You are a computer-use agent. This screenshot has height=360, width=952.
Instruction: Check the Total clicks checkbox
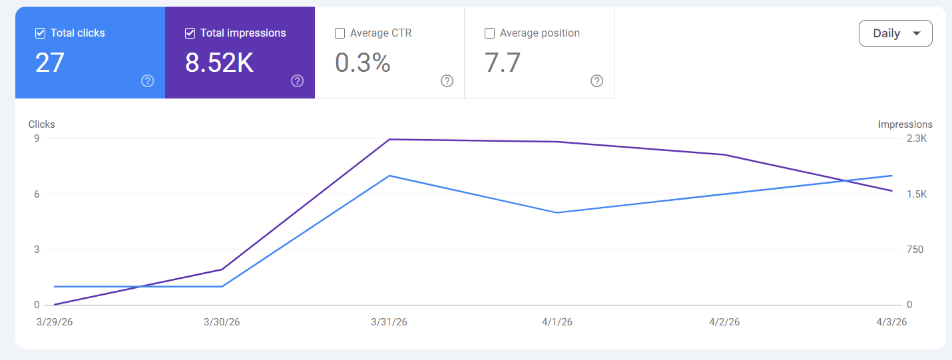40,33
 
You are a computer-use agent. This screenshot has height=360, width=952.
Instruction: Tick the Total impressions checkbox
190,33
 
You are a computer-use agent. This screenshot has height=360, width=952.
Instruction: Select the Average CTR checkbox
340,33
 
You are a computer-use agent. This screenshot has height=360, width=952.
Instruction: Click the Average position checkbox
489,33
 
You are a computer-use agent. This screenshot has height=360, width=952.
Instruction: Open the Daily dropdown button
895,33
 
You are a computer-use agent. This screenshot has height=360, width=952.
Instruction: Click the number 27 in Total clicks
50,63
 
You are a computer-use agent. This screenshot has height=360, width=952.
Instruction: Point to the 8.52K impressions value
219,63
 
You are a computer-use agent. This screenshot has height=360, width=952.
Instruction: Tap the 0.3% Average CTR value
362,63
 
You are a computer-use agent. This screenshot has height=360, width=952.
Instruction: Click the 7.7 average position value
503,63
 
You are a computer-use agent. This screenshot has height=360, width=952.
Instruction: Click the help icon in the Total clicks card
148,81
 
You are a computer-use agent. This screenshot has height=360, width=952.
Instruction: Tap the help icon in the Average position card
597,81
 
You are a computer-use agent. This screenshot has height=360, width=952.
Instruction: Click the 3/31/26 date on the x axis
389,322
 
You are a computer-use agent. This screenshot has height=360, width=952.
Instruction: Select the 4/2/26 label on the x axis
724,322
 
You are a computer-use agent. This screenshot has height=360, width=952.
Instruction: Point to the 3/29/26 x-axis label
55,322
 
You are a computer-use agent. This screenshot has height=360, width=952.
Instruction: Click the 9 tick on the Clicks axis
37,138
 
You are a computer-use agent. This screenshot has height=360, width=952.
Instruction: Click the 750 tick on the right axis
915,250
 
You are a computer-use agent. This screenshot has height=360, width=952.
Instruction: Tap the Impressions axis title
905,124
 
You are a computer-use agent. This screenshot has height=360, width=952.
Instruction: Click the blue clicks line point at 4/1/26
557,212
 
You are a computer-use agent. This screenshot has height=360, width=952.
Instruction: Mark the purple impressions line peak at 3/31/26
389,139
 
